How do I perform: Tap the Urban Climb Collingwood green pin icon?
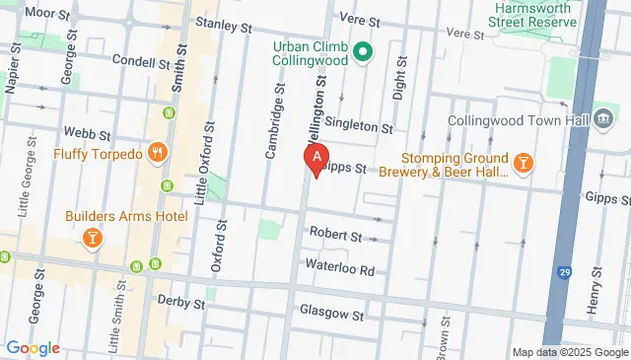coord(362,51)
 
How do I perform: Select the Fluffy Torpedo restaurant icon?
coord(157,152)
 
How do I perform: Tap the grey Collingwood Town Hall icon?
coord(603,114)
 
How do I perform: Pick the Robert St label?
coord(335,236)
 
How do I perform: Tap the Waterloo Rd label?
coord(341,269)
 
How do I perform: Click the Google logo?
coord(32,347)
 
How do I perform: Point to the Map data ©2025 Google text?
coord(569,352)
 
